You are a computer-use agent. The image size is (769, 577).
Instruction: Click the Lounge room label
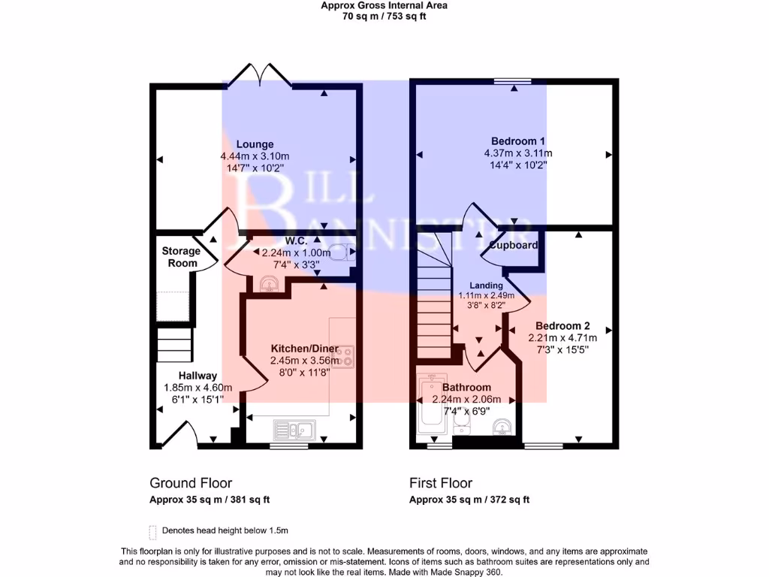coord(255,144)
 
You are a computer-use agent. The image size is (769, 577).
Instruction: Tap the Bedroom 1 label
coord(517,141)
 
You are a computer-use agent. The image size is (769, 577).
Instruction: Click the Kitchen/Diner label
coord(304,349)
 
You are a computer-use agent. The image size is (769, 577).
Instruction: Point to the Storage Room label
coord(181,257)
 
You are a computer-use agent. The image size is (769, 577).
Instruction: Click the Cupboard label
coord(514,246)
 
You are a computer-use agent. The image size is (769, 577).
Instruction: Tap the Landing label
coord(486,285)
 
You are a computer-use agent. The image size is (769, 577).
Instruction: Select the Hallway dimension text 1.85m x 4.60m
coord(198,388)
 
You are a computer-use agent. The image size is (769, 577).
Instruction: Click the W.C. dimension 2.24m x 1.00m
coord(296,253)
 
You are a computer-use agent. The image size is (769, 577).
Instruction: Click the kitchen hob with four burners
coord(345,356)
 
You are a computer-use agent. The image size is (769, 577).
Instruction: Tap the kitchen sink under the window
coord(294,430)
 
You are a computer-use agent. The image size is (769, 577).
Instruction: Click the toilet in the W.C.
coord(342,252)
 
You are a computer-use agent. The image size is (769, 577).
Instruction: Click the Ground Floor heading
coord(191,483)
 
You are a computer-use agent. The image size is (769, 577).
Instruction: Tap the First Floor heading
coord(440,483)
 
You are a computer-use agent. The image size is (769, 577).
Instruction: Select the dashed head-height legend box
coord(153,531)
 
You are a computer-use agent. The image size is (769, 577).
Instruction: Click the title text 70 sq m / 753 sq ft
coord(384,16)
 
